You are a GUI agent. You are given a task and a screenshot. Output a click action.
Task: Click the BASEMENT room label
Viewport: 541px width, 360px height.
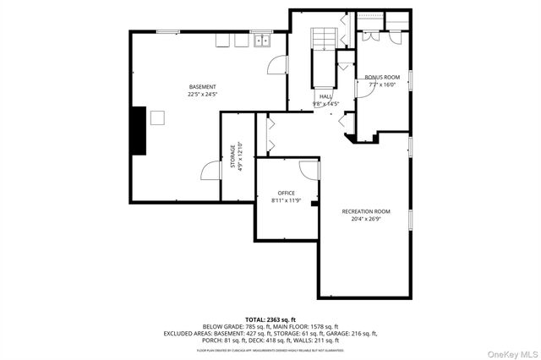coord(202,87)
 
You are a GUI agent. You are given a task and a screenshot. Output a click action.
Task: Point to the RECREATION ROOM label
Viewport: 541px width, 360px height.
coord(365,210)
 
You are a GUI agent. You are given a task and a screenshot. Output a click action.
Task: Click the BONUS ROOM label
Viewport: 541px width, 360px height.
coord(382,78)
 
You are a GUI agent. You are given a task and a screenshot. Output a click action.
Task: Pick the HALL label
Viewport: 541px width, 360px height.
coord(325,97)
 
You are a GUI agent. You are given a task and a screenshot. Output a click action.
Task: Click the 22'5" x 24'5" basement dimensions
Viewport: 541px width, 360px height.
coord(202,95)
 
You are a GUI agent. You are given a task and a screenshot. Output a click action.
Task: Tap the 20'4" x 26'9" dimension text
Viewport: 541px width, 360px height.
coord(365,218)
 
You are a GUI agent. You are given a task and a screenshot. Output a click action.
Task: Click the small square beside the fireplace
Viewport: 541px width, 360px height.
coord(157,117)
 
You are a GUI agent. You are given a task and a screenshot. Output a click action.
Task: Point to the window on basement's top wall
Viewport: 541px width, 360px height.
coord(167,32)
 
